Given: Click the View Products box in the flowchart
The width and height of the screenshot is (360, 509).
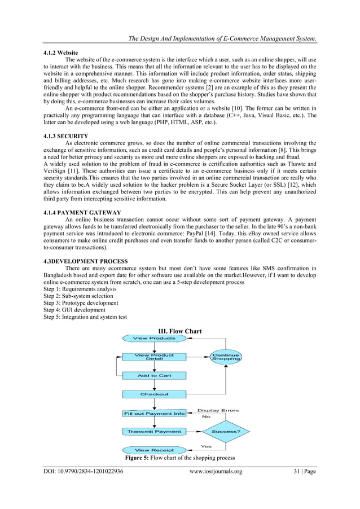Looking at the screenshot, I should pyautogui.click(x=154, y=338).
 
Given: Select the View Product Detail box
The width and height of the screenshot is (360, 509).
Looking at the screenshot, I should pyautogui.click(x=154, y=357).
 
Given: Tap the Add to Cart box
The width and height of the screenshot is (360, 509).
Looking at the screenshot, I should pyautogui.click(x=154, y=375).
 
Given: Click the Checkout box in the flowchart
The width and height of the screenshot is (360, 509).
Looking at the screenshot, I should pyautogui.click(x=154, y=394).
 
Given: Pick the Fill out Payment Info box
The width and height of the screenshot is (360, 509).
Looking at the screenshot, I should pyautogui.click(x=154, y=413).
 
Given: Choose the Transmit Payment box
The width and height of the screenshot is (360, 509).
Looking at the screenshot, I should pyautogui.click(x=154, y=432).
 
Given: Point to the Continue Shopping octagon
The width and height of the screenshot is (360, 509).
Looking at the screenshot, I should pyautogui.click(x=226, y=357).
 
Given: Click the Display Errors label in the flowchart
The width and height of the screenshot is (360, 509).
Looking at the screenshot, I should pyautogui.click(x=218, y=410).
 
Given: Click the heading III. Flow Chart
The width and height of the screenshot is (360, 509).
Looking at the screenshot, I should pyautogui.click(x=181, y=331).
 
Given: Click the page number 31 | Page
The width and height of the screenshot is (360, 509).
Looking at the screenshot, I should pyautogui.click(x=301, y=472).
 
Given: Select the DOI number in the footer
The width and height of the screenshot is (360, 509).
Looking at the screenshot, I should pyautogui.click(x=84, y=472).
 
